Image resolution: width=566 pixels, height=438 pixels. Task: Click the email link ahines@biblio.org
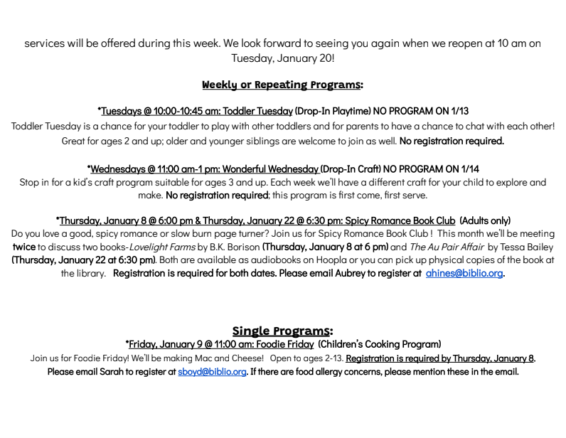tap(464, 273)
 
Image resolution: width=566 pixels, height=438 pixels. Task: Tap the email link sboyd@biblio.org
tap(212, 371)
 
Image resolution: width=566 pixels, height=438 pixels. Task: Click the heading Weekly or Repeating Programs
tap(282, 85)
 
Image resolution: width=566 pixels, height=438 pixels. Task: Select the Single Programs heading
tap(282, 331)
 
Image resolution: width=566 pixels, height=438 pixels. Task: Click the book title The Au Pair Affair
tap(447, 247)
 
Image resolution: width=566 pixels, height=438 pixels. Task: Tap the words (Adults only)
tap(485, 221)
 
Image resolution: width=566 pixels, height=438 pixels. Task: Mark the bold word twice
tap(24, 247)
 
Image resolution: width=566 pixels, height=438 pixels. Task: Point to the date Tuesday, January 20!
tap(282, 58)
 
